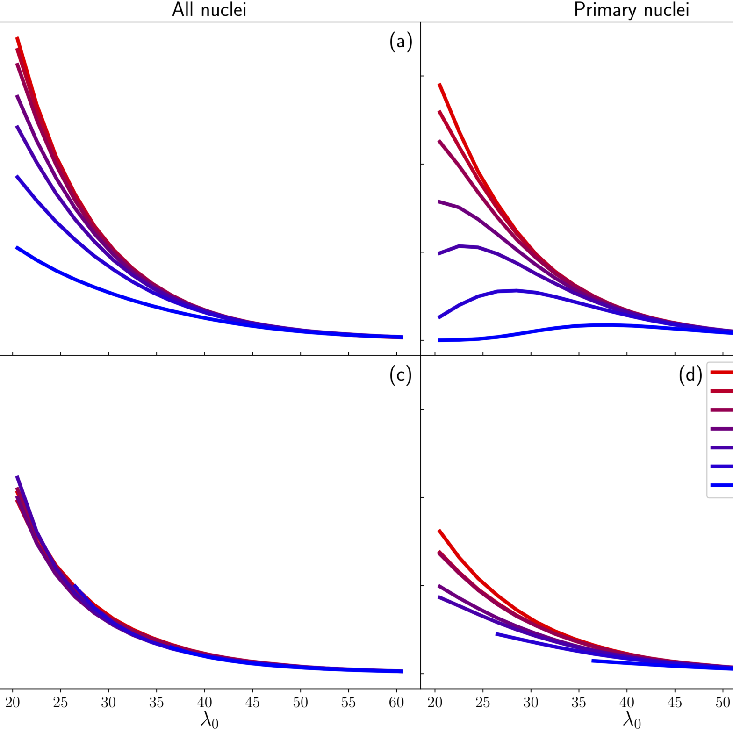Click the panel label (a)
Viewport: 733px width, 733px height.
[401, 42]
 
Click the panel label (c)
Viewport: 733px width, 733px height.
[401, 375]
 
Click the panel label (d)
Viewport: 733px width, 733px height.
[690, 375]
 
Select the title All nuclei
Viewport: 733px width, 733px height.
[209, 10]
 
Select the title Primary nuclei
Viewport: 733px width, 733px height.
[631, 10]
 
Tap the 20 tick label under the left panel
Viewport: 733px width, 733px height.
[13, 703]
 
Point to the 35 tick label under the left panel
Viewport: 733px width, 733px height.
[157, 703]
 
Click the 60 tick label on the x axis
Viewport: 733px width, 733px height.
[396, 703]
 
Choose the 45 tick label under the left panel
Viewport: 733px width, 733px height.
[252, 703]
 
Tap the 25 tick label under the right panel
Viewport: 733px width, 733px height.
[483, 703]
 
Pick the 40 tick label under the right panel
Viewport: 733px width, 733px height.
[627, 703]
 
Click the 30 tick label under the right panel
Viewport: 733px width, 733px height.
[531, 703]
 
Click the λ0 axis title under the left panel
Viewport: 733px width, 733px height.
[209, 720]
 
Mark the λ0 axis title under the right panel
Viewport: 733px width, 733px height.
[631, 720]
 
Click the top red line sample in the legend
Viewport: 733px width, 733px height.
[722, 373]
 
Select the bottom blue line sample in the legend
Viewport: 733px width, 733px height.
[722, 485]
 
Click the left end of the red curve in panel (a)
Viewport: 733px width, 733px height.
[17, 37]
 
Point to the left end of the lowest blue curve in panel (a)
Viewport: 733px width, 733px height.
[17, 247]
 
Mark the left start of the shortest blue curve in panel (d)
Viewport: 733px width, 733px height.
[593, 661]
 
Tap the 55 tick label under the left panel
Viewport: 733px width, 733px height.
[348, 703]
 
